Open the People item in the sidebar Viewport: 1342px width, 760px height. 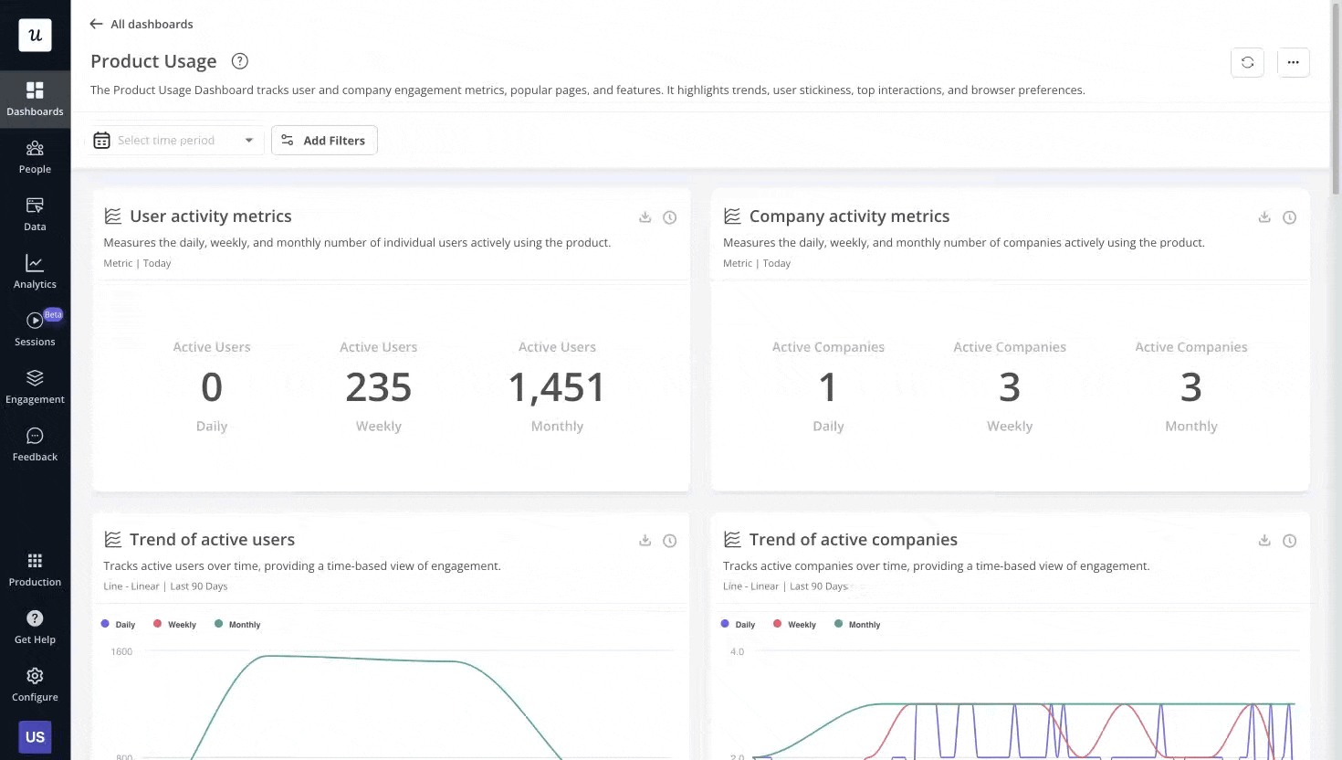pos(35,157)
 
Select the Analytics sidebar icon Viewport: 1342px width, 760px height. pos(35,271)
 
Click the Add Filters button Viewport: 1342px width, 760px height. pos(324,140)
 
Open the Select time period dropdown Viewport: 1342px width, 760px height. pos(175,140)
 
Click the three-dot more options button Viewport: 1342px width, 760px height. pos(1293,62)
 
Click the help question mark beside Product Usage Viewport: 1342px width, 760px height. pos(239,61)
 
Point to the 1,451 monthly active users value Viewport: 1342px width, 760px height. pos(557,387)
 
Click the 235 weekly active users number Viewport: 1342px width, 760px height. pos(378,387)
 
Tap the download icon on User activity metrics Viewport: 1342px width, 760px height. pos(645,216)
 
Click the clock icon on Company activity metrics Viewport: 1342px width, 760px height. pos(1289,217)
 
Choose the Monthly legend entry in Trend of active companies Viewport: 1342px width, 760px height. pos(857,625)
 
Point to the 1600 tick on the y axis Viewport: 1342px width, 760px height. pos(121,651)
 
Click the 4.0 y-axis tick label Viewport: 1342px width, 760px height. pos(737,651)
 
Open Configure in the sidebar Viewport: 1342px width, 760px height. pos(35,684)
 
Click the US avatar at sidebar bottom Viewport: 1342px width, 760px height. pos(35,736)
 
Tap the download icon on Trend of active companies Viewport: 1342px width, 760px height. pos(1264,540)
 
